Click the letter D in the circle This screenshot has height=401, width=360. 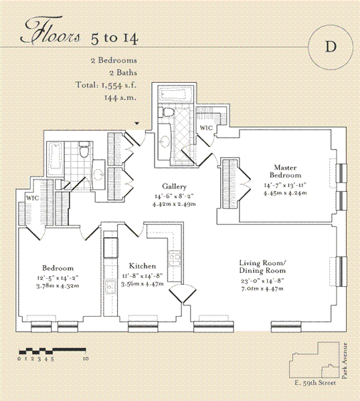click(331, 47)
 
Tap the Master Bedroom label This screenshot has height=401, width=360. click(285, 171)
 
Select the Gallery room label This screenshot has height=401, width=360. click(175, 186)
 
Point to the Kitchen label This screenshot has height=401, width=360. click(143, 266)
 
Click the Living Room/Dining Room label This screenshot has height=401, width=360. click(262, 267)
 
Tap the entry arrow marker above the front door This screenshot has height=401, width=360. click(137, 123)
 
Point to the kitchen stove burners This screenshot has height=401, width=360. click(175, 257)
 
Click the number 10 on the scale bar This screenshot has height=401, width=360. click(86, 359)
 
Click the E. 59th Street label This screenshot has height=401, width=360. click(315, 383)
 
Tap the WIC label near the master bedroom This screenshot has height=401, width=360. click(206, 128)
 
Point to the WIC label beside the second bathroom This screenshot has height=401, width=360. click(33, 198)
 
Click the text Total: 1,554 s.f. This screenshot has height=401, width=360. click(106, 85)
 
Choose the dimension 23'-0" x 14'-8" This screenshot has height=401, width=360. click(262, 281)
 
